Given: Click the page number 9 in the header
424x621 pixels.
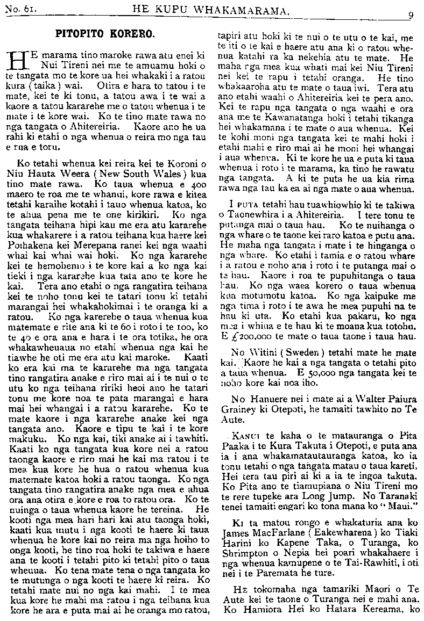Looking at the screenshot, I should click(x=410, y=16).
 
